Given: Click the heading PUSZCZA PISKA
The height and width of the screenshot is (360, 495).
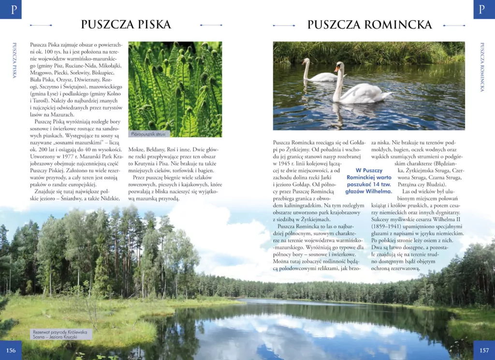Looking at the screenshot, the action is click(126, 24).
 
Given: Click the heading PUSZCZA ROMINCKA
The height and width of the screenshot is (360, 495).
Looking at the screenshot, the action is click(369, 24).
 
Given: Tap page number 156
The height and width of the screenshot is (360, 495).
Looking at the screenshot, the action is click(11, 350).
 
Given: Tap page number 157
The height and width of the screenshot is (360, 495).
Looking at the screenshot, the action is click(484, 350).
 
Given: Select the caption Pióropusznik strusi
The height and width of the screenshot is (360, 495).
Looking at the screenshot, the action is click(149, 134).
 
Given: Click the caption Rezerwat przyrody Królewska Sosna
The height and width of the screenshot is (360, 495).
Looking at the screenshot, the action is click(61, 334).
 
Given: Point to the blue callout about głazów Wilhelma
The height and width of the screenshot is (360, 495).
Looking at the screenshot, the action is click(369, 181).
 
